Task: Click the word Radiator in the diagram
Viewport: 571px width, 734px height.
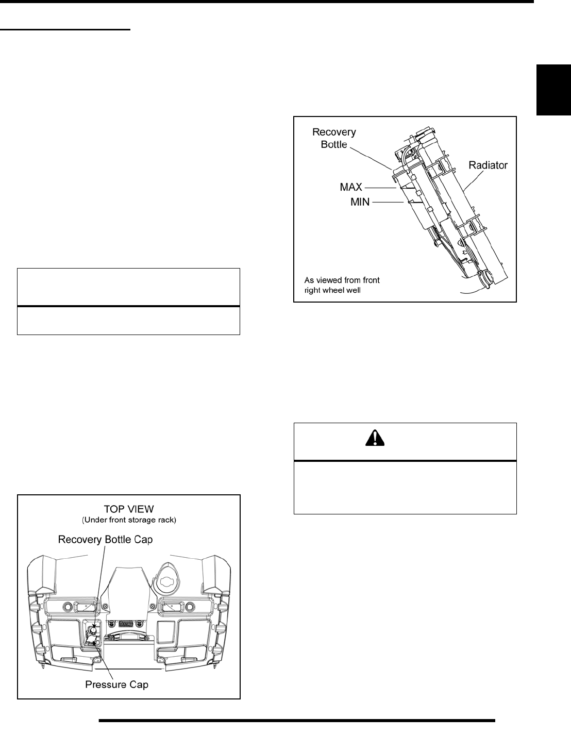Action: (x=488, y=165)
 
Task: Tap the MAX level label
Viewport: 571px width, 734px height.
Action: (x=351, y=187)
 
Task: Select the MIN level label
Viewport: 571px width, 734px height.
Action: (x=360, y=203)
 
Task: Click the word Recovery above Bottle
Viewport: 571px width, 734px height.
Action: (x=334, y=132)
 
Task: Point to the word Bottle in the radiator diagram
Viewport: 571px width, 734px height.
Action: (x=334, y=145)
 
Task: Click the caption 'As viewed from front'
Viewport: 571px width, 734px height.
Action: (x=342, y=280)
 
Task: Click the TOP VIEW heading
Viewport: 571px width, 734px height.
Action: (x=129, y=508)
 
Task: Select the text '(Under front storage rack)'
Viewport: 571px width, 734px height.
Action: (x=129, y=520)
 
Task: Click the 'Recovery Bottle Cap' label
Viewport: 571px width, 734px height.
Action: (x=106, y=540)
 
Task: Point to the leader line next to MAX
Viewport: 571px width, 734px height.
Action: (x=381, y=188)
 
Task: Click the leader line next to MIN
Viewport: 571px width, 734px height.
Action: (x=388, y=203)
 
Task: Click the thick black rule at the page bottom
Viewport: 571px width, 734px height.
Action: (x=296, y=721)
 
